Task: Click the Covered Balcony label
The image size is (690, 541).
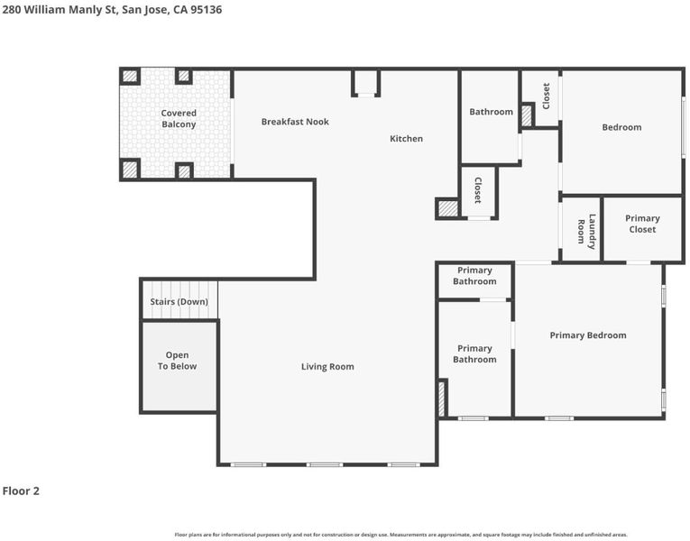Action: [179, 119]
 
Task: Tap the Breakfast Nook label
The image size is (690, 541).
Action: [295, 122]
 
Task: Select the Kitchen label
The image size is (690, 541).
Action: [406, 139]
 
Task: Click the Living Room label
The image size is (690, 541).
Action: [327, 367]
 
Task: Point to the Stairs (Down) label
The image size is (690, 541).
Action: [179, 302]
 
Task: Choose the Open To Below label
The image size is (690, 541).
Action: [178, 361]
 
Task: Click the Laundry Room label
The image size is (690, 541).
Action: [587, 232]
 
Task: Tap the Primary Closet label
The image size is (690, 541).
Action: [642, 224]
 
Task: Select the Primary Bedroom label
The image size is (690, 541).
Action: [588, 335]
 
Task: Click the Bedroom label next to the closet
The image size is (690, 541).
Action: [621, 127]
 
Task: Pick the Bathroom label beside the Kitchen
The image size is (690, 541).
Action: [491, 112]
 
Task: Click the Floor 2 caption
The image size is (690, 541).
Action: [21, 491]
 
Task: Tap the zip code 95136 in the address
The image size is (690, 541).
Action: [206, 10]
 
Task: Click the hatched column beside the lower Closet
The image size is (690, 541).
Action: [448, 208]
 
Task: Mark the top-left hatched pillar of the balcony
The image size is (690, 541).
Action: [130, 76]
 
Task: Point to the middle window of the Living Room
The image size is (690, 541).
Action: [325, 464]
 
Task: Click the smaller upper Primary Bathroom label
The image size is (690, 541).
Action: [474, 276]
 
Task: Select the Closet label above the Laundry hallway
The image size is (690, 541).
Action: [546, 96]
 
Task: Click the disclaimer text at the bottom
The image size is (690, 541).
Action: [400, 535]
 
